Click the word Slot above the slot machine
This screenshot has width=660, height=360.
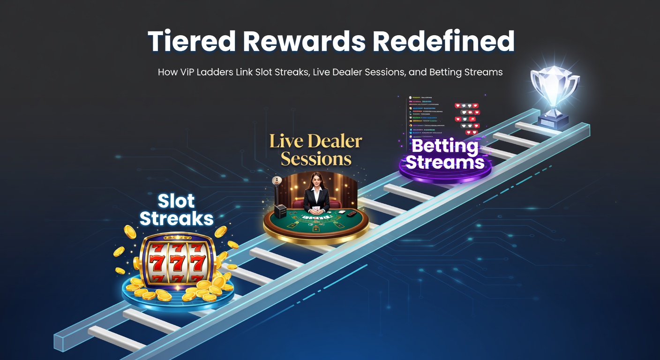176,202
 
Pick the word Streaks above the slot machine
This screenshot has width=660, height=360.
177,219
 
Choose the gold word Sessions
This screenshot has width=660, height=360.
316,159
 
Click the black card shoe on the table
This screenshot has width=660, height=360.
281,211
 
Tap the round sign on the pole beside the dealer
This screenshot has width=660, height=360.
277,180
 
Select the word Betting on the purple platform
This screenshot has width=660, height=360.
444,146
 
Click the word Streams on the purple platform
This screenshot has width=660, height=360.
444,162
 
